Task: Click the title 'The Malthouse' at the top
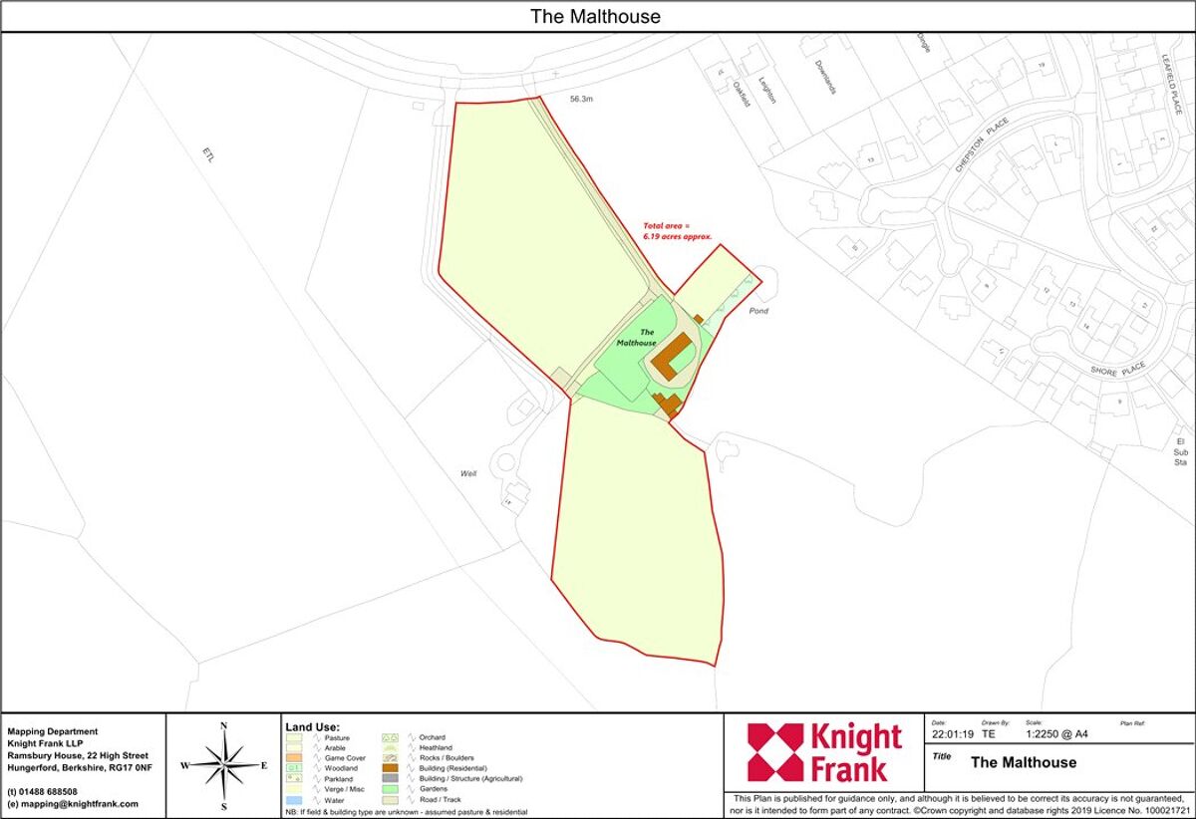595,16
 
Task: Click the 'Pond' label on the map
758,311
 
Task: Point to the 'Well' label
468,473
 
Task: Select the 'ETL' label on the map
208,156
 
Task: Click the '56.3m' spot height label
582,100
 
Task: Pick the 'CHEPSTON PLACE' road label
982,145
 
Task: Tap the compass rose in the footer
224,765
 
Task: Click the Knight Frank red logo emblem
774,752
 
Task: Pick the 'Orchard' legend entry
433,737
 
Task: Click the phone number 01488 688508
48,791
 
